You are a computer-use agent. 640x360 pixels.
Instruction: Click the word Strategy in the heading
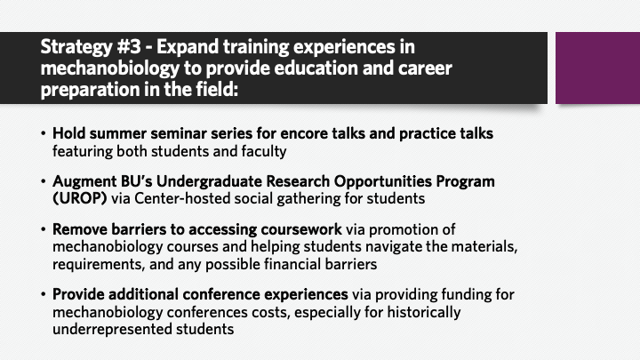point(76,48)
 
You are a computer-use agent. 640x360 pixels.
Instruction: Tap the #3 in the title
point(129,46)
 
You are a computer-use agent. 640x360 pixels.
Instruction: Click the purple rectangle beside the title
point(597,68)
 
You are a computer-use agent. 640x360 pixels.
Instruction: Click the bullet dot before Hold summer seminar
point(44,133)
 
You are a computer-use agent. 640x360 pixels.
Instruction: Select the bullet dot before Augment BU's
point(44,180)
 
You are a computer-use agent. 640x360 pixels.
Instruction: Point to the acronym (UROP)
point(80,198)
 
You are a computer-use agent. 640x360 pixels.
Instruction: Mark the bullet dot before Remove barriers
point(44,229)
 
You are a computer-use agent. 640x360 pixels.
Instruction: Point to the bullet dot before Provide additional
point(44,294)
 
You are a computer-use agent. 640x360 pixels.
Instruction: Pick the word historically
point(424,312)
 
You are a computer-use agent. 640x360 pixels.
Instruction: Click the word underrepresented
point(112,330)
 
